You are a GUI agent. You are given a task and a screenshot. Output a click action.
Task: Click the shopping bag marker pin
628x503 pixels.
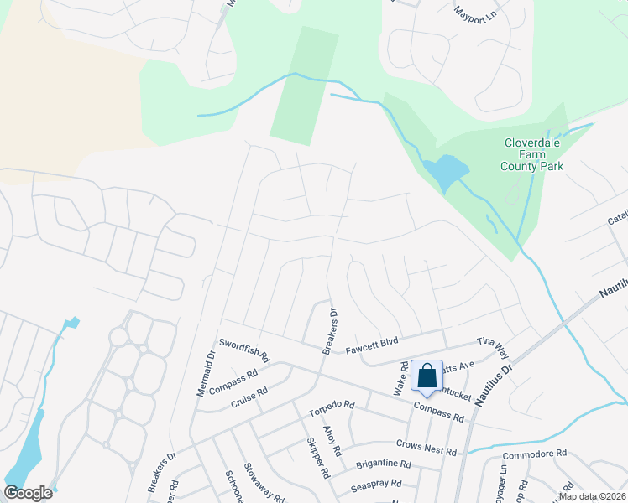coord(427,376)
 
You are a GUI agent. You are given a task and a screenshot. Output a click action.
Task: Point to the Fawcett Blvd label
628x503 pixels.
coord(375,345)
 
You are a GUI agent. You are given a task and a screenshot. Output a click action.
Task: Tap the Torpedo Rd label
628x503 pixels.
coord(332,406)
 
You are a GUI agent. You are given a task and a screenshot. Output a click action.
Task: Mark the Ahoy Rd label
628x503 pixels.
coord(333,440)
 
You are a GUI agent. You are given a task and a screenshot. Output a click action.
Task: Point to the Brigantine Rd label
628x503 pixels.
coord(382,464)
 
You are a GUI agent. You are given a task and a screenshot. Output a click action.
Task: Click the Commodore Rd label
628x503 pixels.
coord(535,454)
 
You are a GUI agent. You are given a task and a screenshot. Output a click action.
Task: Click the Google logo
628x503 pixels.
coord(28,493)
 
